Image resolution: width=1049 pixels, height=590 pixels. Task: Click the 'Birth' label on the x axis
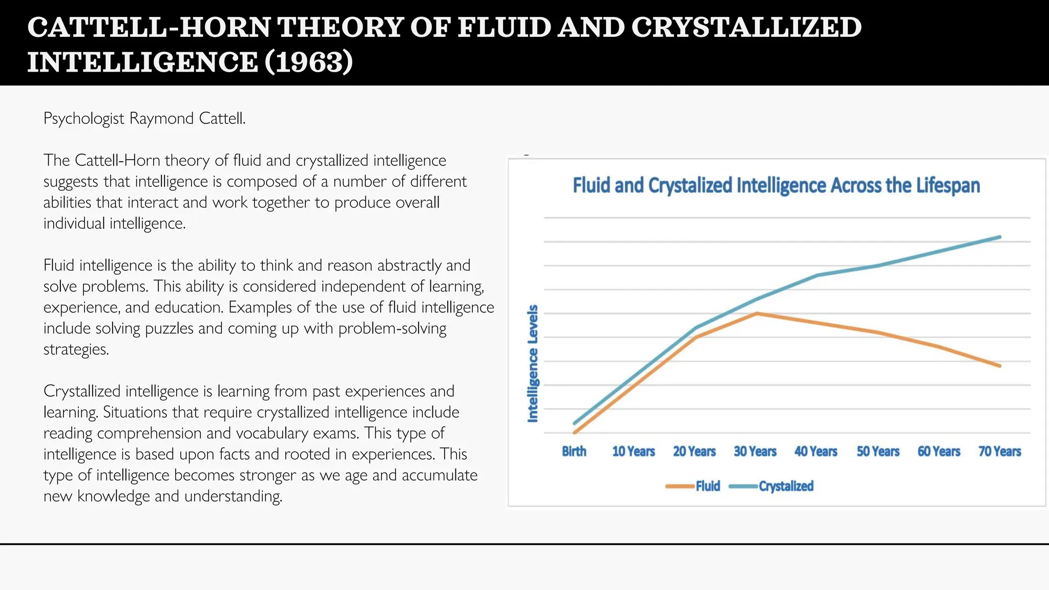[574, 451]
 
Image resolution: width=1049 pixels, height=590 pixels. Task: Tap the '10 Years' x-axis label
[634, 451]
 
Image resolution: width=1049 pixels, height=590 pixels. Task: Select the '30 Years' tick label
[755, 451]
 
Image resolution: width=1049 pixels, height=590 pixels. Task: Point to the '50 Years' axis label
[878, 451]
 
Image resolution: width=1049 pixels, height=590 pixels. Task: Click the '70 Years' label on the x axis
[999, 451]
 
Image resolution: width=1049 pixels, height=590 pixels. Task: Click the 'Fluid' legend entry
[707, 486]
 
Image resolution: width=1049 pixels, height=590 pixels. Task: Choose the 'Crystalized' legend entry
[786, 486]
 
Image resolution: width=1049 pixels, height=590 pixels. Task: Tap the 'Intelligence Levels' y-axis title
[533, 363]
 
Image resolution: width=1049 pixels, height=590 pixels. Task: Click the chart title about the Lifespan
[776, 185]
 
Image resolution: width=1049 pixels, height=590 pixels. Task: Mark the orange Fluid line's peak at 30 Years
[757, 313]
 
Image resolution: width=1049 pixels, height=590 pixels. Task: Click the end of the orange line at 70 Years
[999, 366]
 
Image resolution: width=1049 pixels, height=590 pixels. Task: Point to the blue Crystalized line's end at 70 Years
[1000, 237]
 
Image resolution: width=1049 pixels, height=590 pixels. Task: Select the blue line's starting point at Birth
[575, 423]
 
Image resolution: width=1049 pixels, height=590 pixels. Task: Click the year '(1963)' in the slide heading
[309, 62]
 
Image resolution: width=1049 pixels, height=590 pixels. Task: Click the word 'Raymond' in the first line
[161, 118]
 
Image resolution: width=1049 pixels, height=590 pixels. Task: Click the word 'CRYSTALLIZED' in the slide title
[746, 27]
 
